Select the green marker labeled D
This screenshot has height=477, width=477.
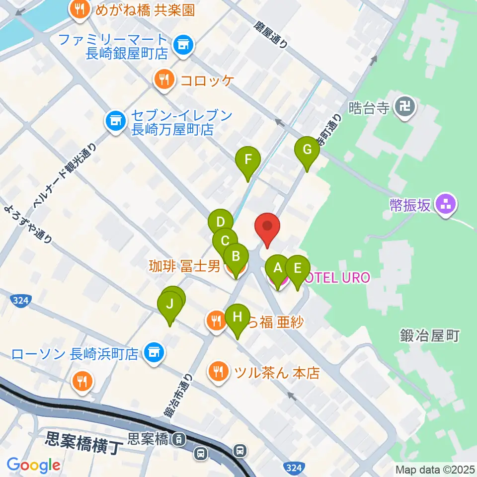pyautogui.click(x=221, y=222)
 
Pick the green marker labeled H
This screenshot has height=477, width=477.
pyautogui.click(x=238, y=316)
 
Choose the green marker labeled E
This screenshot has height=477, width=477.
pyautogui.click(x=297, y=269)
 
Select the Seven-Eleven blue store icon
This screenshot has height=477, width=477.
pyautogui.click(x=115, y=120)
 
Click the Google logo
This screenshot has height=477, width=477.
pyautogui.click(x=33, y=465)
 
